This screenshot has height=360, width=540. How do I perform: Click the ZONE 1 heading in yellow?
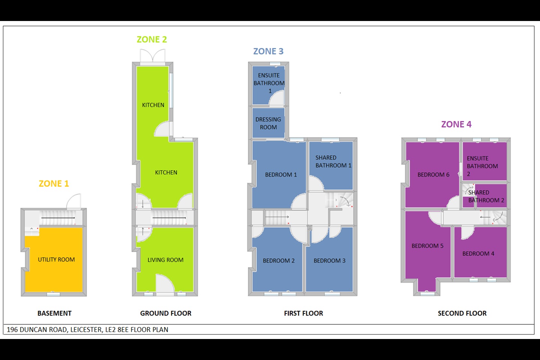(54, 184)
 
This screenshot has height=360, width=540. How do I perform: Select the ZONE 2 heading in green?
(151, 40)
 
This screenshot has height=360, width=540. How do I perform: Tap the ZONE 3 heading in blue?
(268, 51)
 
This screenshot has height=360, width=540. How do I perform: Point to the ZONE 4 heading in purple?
(456, 124)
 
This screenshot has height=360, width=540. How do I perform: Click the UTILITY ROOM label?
(56, 259)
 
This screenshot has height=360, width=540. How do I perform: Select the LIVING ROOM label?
(165, 260)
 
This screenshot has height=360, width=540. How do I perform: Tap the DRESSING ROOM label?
(268, 123)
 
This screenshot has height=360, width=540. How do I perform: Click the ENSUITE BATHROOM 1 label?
(269, 83)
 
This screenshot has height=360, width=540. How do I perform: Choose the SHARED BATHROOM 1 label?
(333, 162)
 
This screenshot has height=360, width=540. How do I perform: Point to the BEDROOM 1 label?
(281, 175)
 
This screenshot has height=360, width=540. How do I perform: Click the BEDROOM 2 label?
(279, 261)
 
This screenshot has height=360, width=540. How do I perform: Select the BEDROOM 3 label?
(329, 261)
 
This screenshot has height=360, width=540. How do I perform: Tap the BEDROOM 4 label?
(478, 253)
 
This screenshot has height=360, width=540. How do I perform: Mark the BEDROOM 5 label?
(427, 246)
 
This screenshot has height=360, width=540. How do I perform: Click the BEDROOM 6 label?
(433, 175)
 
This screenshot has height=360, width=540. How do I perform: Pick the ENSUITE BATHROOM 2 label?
(482, 166)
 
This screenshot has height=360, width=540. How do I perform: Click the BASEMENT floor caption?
(54, 313)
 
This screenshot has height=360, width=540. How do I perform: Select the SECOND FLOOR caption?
(462, 313)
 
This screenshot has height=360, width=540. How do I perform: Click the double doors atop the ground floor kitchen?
(153, 56)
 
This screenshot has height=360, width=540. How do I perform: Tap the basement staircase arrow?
(58, 217)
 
